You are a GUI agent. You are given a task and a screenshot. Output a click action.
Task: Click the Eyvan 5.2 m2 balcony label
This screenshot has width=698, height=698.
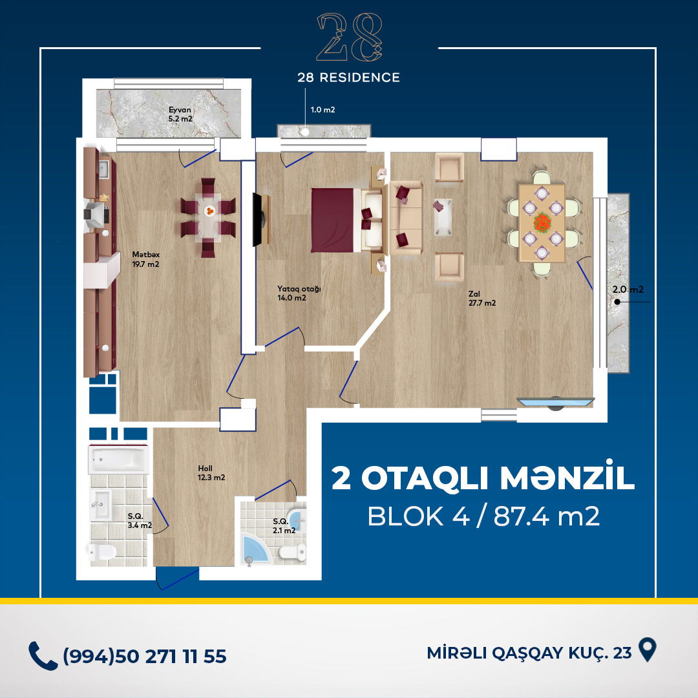point(180,114)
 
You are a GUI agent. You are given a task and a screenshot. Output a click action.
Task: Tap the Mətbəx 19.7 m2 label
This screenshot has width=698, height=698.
point(145,260)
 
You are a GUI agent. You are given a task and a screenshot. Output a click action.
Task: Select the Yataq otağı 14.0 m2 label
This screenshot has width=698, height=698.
point(299,293)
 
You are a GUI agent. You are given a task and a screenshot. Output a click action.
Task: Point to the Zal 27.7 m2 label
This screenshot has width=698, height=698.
point(482,298)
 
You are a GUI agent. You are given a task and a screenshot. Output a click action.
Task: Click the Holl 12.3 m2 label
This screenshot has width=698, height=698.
point(211,472)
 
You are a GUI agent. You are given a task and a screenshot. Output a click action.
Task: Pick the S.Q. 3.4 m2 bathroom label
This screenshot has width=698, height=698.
point(140,521)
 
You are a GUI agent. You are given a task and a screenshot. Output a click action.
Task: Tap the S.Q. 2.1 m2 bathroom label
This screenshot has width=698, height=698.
point(284,525)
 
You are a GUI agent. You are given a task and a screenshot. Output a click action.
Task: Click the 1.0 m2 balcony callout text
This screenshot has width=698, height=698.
point(323,109)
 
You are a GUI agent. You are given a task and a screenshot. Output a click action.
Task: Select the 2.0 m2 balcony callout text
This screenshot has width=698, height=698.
point(628,290)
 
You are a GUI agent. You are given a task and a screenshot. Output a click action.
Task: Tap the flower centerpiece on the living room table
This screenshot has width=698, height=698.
point(542,222)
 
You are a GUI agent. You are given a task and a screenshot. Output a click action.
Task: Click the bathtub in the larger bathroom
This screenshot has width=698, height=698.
point(118,459)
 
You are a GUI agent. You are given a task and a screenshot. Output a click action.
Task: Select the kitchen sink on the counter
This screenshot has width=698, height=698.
point(103,169)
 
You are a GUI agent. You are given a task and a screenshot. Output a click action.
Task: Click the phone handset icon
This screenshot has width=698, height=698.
point(43,656)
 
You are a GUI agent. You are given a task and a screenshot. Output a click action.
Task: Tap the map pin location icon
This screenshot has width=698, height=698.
point(647,650)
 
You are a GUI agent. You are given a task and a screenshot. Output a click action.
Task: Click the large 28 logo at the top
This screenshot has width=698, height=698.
point(349,37)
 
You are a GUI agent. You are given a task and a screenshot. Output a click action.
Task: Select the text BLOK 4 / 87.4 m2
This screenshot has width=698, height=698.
point(483,516)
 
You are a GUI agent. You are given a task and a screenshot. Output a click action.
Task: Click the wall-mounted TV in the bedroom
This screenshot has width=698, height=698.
point(261,220)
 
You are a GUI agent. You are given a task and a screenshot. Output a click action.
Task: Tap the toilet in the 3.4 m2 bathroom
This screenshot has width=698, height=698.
point(102,553)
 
